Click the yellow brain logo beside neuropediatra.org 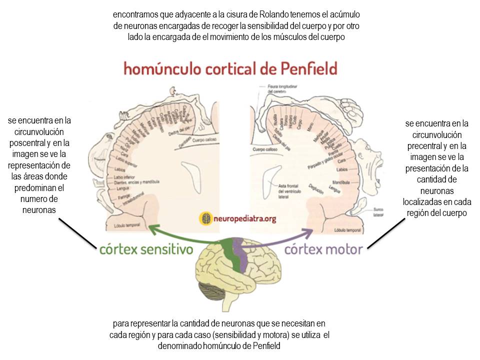(x=205, y=218)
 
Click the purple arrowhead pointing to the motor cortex (x=308, y=230)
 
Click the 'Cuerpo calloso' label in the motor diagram (x=264, y=149)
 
